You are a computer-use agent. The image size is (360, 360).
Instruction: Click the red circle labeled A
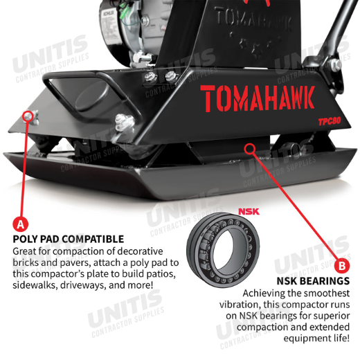[20, 224]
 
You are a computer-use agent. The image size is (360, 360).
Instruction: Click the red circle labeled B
[342, 266]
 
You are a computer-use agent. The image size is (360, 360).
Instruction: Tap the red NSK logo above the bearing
[249, 211]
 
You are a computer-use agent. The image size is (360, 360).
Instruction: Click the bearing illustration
[223, 250]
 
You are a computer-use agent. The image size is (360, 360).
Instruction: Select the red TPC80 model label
[330, 121]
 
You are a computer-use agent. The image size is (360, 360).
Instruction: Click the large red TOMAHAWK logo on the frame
[258, 98]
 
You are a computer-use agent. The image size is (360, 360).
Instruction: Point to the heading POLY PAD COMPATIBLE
[69, 239]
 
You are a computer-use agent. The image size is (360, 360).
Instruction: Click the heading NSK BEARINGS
[313, 281]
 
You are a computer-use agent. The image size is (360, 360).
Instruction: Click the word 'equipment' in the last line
[303, 339]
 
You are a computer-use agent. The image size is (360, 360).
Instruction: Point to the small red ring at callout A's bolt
[28, 115]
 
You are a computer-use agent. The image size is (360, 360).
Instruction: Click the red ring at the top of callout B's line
[250, 148]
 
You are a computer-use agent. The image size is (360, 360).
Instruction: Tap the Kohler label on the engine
[108, 26]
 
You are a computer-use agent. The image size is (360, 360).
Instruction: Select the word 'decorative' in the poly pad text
[141, 251]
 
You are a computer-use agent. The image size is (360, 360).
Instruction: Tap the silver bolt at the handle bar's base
[334, 64]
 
